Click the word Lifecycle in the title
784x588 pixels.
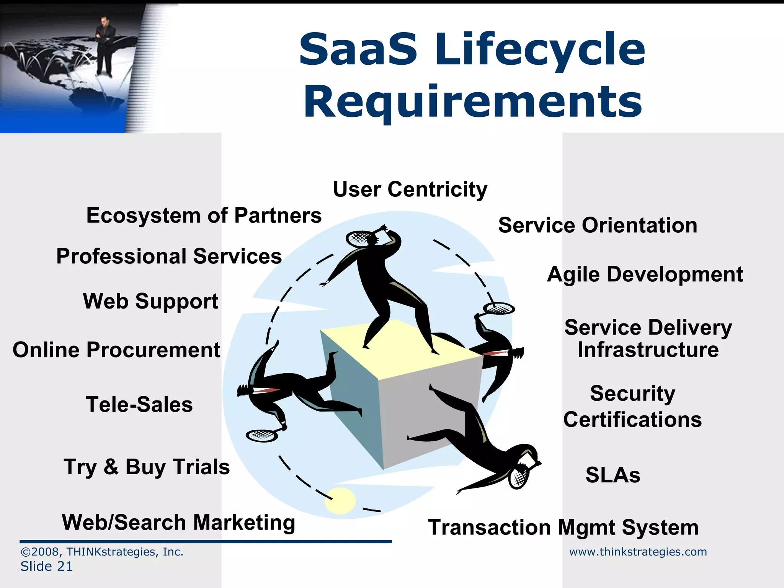pos(540,50)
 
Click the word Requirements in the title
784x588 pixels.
pos(473,102)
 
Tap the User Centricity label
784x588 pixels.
pos(410,189)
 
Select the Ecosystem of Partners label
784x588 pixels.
pos(204,216)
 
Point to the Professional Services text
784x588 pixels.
pos(169,256)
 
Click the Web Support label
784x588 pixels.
pos(150,301)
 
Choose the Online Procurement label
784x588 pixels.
pos(116,350)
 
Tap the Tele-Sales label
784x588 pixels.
pos(139,405)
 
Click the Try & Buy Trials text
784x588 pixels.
pos(147,467)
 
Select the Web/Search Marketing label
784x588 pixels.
pos(178,523)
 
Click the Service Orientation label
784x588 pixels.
pos(598,225)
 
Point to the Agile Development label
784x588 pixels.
pos(645,274)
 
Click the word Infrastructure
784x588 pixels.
pos(648,350)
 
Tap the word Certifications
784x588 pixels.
pos(632,420)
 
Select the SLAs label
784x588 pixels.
pos(612,475)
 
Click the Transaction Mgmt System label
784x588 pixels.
pos(563,528)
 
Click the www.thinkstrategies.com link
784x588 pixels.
pos(638,552)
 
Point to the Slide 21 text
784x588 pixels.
pos(46,566)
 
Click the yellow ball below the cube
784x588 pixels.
pos(340,500)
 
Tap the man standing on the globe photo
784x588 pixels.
pos(104,46)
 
